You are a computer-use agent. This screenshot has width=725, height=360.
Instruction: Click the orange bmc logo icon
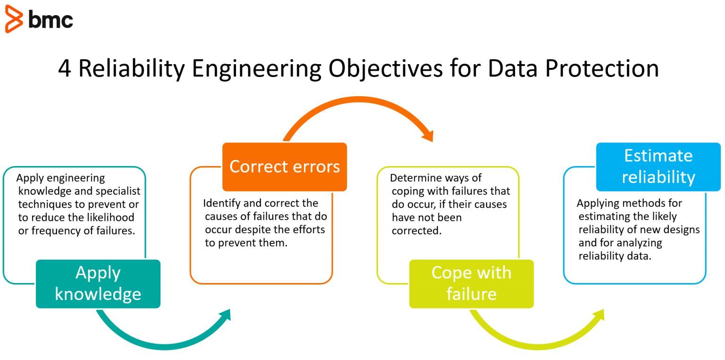click(x=14, y=19)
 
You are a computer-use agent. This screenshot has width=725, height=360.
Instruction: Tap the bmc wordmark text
click(x=51, y=19)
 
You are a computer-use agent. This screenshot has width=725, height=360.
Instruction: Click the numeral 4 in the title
click(x=65, y=68)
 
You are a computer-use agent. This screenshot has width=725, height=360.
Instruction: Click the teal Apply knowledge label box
click(x=98, y=284)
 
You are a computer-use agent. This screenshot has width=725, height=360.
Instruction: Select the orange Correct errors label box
click(x=285, y=167)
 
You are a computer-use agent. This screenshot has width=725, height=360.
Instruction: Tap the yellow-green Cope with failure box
click(x=471, y=284)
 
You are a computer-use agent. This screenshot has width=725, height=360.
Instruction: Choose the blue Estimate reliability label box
click(x=658, y=167)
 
